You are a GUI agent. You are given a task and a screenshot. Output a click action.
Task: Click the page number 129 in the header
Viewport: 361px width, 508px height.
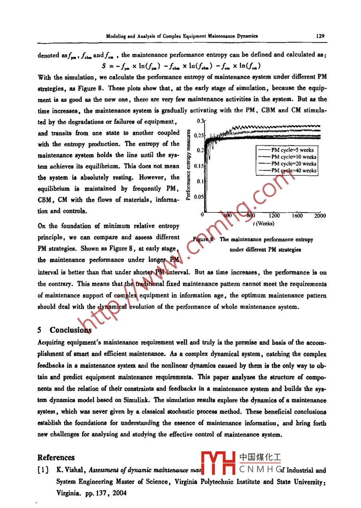tap(320, 36)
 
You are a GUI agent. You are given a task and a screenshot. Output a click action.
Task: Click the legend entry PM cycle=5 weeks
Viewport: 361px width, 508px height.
tap(292, 150)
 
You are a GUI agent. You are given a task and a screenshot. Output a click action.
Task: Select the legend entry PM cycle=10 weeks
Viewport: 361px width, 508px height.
tap(294, 157)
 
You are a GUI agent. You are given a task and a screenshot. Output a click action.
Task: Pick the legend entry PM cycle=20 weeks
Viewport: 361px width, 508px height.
tap(294, 163)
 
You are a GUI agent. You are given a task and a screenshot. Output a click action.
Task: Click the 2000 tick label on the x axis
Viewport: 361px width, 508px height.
tap(320, 216)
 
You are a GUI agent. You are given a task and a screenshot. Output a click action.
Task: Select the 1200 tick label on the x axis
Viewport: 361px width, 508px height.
tap(274, 216)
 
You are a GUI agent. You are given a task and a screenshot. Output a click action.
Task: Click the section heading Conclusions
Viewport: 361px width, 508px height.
tap(70, 330)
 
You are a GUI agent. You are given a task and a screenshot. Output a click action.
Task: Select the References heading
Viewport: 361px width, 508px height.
tap(56, 458)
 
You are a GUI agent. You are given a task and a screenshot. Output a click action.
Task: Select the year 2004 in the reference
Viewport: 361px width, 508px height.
tap(119, 493)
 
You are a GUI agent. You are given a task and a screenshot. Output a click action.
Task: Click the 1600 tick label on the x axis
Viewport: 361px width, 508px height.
tap(297, 216)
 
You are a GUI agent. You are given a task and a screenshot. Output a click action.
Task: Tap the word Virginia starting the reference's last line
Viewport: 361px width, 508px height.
tap(68, 493)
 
